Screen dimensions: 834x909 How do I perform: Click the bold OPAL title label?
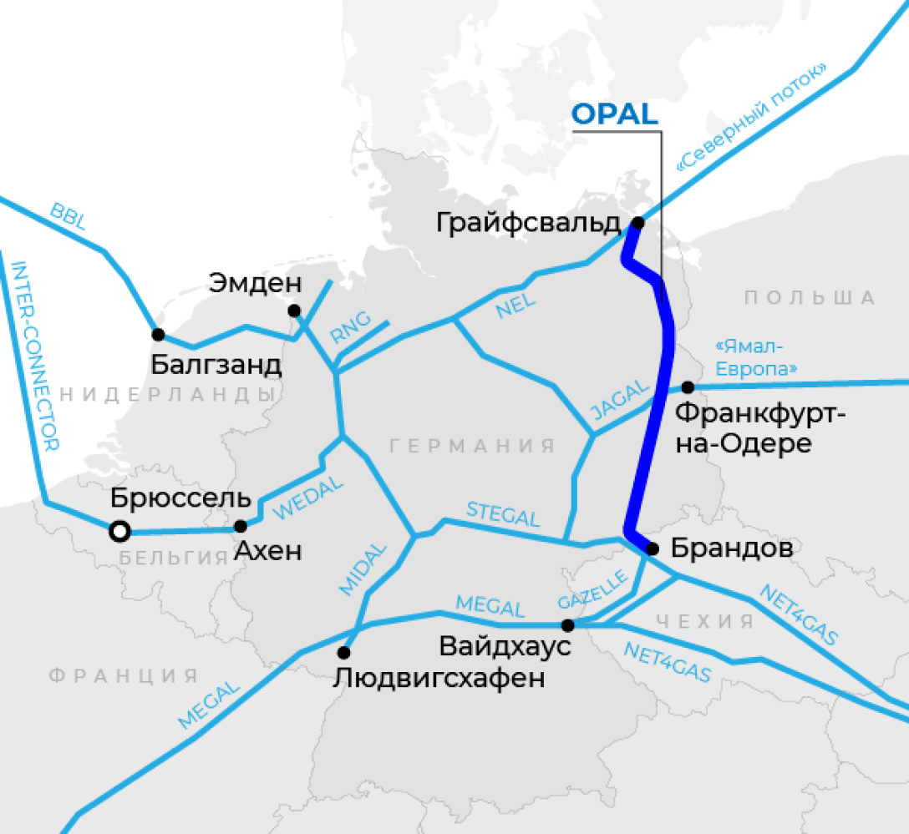pos(616,115)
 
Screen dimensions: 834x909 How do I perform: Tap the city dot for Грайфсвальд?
pos(637,223)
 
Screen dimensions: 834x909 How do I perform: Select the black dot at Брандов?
pos(653,548)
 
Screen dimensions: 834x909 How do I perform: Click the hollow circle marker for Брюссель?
pos(119,530)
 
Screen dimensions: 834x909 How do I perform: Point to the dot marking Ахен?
pos(241,526)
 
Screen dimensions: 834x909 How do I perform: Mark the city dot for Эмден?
pos(293,311)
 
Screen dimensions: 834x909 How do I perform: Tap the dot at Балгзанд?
pos(158,335)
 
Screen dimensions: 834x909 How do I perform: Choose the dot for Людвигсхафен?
pos(343,652)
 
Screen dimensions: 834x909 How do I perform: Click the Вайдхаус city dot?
pos(567,624)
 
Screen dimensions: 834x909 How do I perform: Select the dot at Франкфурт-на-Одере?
pos(688,387)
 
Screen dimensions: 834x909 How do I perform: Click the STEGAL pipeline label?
pos(503,514)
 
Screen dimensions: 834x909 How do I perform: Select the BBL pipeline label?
pos(69,215)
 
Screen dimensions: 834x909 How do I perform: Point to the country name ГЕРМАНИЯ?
pos(472,446)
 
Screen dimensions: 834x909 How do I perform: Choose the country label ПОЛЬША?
pos(810,298)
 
